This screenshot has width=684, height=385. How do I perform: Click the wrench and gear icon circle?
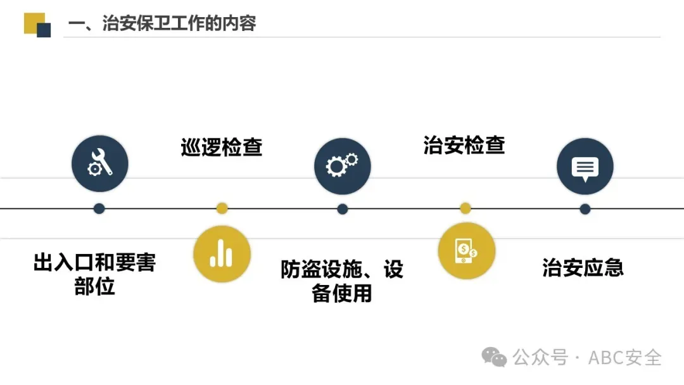click(99, 164)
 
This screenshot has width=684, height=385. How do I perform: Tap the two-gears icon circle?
click(342, 166)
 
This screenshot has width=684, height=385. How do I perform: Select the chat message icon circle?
click(585, 166)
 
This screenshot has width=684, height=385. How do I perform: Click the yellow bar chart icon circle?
click(222, 253)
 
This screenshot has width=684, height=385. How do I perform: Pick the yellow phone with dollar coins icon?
click(466, 251)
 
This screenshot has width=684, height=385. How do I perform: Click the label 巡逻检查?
click(221, 148)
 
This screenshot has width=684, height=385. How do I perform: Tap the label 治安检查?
click(464, 145)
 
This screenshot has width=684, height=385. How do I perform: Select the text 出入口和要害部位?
click(94, 274)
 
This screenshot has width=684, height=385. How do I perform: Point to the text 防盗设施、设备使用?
click(342, 281)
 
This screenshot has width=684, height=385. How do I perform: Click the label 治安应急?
click(583, 267)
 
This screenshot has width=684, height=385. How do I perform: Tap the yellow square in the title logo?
click(32, 22)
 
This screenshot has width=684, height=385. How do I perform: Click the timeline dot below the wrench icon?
click(99, 208)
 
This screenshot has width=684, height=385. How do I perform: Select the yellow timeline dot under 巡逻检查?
click(222, 208)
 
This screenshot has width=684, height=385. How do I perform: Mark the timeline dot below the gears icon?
click(342, 208)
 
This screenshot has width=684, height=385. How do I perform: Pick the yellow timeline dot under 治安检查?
click(465, 208)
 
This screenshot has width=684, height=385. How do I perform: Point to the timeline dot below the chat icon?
click(585, 208)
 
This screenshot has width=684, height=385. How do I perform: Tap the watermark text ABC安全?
click(624, 358)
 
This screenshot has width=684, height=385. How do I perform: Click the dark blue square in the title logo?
click(44, 30)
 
